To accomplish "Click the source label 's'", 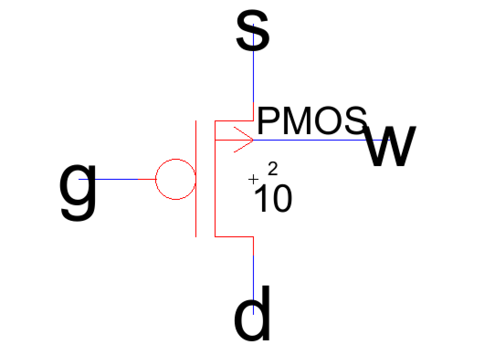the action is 253,31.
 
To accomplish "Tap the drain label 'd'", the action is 253,313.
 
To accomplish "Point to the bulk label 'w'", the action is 390,146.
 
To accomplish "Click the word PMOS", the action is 312,120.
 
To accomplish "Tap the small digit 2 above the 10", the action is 273,169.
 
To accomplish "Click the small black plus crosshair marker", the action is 253,179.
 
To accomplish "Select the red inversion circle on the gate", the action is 176,159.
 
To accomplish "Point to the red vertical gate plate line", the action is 196,178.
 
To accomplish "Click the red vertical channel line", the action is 215,178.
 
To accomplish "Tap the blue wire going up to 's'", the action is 253,63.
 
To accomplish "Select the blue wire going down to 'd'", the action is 253,285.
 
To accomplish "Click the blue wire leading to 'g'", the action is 108,179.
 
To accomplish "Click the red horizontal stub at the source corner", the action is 234,121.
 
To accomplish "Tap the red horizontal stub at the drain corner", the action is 234,236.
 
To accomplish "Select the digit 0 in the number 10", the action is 283,198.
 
